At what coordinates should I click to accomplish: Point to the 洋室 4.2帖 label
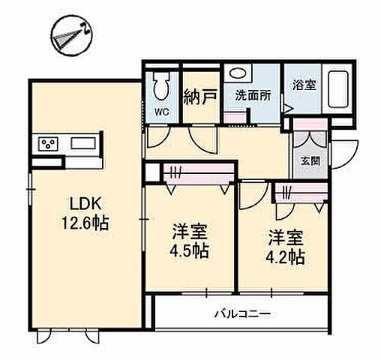coord(286,247)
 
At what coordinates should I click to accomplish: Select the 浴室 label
coord(303,85)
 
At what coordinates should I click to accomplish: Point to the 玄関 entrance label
coord(310,159)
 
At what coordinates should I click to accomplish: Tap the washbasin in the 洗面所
coord(239,76)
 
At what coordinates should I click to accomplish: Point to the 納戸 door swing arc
coord(202,139)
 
